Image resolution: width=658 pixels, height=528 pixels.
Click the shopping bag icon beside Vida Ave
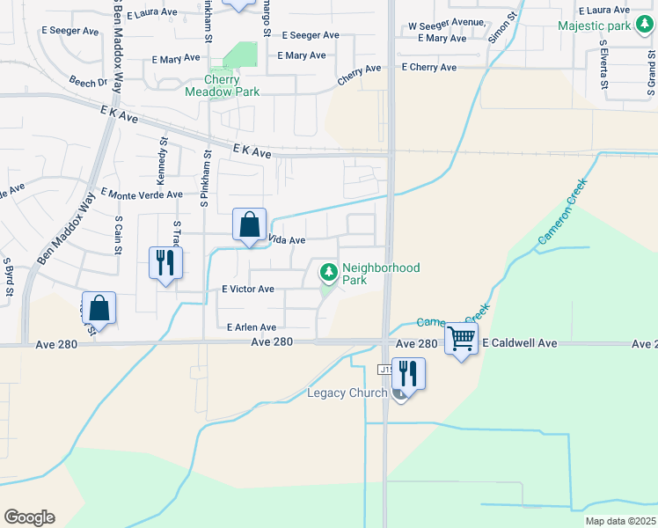pyautogui.click(x=250, y=224)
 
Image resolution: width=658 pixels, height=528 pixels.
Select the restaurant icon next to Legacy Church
pyautogui.click(x=407, y=372)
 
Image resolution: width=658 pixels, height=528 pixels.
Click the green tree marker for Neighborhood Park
pyautogui.click(x=329, y=274)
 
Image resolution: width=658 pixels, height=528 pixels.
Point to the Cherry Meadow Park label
pyautogui.click(x=222, y=84)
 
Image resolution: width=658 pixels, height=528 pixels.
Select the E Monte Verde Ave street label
pyautogui.click(x=142, y=194)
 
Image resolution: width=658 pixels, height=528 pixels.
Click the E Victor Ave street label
pyautogui.click(x=248, y=289)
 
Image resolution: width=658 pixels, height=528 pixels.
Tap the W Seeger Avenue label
pyautogui.click(x=446, y=26)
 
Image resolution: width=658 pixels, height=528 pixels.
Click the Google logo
pyautogui.click(x=29, y=517)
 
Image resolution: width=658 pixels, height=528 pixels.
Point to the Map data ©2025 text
pyautogui.click(x=619, y=521)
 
